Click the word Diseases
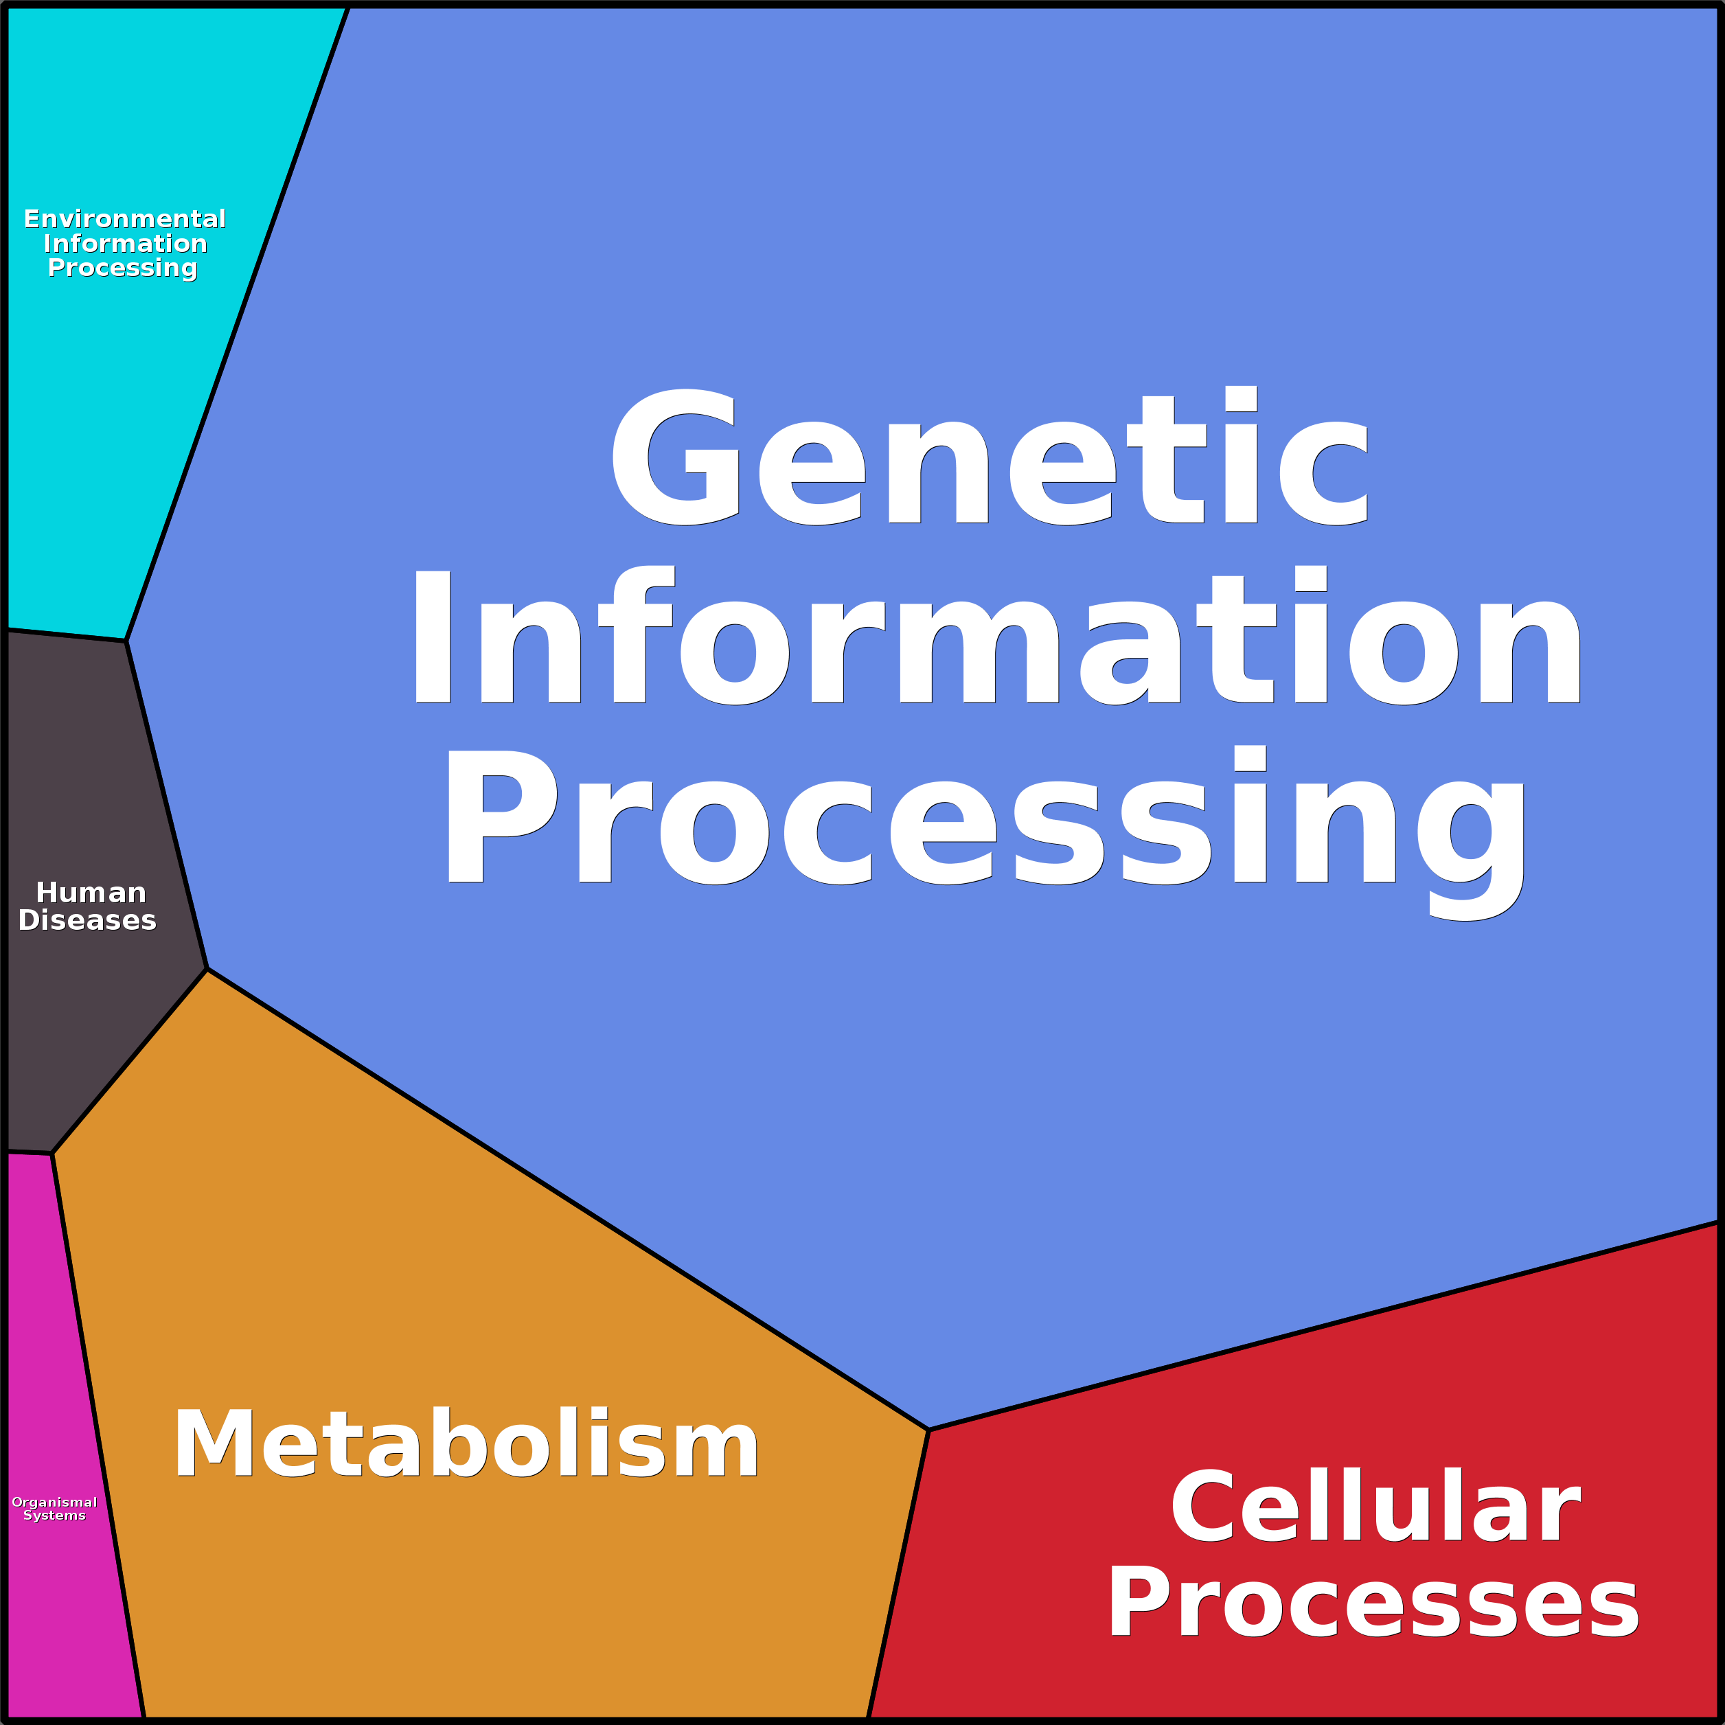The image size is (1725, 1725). [x=87, y=921]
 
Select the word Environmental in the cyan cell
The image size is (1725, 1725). [x=125, y=219]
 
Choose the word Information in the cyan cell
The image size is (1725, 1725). [x=125, y=244]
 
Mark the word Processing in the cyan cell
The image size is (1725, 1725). [x=122, y=268]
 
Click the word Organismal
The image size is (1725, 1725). [x=54, y=1503]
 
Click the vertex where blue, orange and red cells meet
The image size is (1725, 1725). [x=928, y=1430]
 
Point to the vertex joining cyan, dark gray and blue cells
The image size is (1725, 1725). [x=126, y=640]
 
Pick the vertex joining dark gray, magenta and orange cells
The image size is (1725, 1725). [x=52, y=1154]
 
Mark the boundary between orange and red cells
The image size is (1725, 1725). [x=898, y=1573]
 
